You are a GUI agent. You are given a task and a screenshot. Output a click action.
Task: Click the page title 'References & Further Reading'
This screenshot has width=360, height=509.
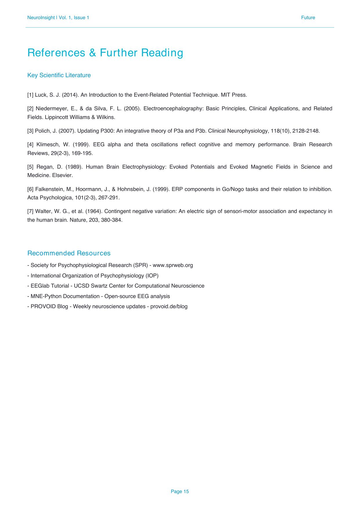coord(105,53)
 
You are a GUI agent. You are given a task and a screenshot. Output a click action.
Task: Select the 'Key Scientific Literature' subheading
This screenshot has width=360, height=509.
coord(59,75)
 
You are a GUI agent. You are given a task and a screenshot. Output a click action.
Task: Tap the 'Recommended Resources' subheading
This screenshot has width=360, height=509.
coord(69,253)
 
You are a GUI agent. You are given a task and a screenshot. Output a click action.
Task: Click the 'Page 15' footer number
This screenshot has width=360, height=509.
coord(180,491)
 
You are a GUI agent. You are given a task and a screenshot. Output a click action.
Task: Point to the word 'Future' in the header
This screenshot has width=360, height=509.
coord(308,18)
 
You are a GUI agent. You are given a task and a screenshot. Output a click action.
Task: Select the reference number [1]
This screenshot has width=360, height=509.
coord(30,95)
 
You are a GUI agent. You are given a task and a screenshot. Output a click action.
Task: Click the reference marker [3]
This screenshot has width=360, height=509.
coord(30,131)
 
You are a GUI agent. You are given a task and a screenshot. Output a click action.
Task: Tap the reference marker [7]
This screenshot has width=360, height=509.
coord(30,211)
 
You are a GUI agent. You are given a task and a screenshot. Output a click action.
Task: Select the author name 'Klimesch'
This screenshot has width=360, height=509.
coord(48,145)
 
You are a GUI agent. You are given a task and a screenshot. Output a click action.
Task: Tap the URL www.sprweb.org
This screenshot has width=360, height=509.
coord(173,265)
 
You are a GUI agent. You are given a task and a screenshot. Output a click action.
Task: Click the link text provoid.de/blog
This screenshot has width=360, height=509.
coord(169,306)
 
